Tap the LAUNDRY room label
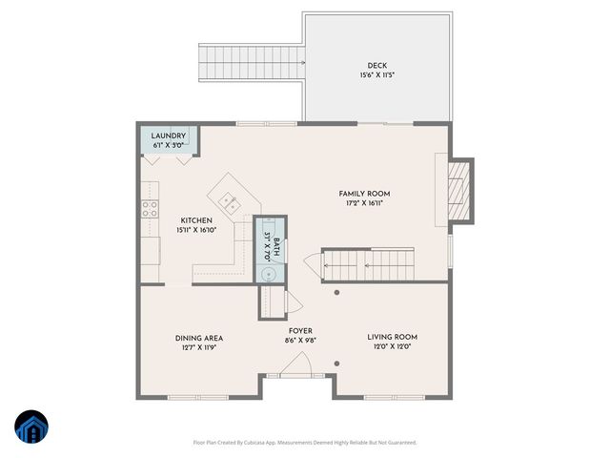(169, 135)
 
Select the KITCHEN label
(169, 219)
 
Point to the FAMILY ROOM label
(367, 194)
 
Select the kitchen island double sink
(230, 200)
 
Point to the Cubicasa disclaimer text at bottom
(305, 443)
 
